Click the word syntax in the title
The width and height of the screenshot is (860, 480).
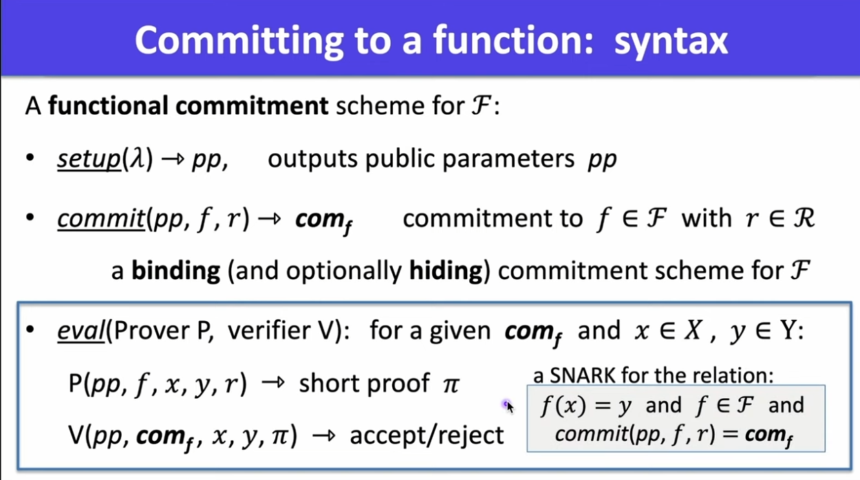[x=671, y=41]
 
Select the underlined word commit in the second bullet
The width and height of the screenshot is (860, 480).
[x=101, y=219]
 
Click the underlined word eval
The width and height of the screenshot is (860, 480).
[x=81, y=330]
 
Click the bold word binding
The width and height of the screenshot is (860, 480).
[x=176, y=270]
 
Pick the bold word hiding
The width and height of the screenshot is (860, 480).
[x=446, y=270]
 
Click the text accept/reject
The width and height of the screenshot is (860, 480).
[x=427, y=435]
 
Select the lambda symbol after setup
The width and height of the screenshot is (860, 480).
[x=137, y=158]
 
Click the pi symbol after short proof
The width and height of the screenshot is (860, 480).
[x=451, y=384]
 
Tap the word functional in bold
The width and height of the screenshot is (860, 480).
[x=108, y=105]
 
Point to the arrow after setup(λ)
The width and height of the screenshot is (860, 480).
[x=173, y=158]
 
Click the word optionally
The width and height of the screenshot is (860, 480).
[x=344, y=271]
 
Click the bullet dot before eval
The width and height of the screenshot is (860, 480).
[x=30, y=329]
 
